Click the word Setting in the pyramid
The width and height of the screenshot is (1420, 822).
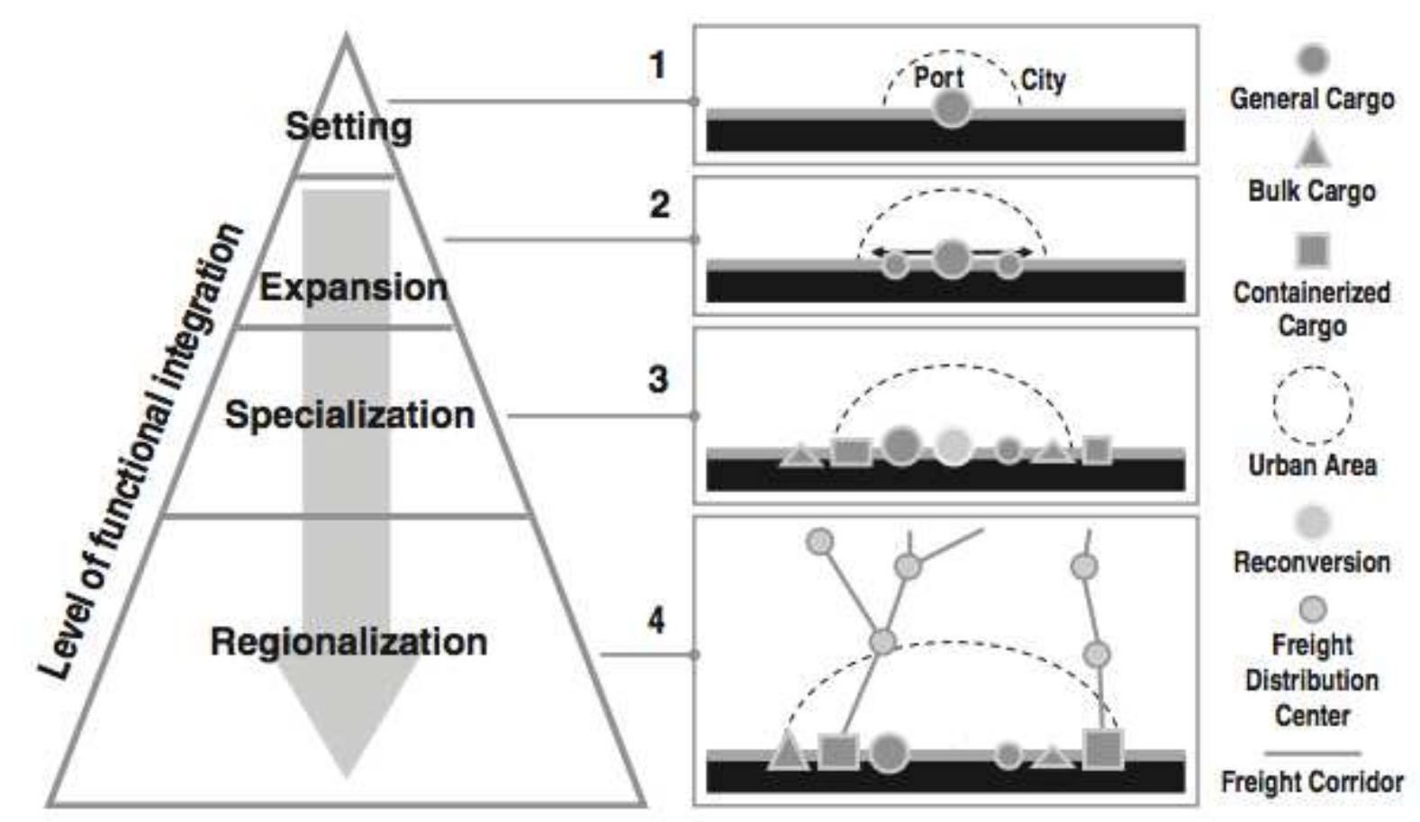pyautogui.click(x=348, y=126)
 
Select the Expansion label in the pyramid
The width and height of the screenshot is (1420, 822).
pyautogui.click(x=353, y=287)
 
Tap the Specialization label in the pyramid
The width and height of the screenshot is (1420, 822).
pyautogui.click(x=349, y=415)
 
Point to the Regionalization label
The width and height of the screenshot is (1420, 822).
pyautogui.click(x=348, y=642)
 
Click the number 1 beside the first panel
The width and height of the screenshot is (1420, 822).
pyautogui.click(x=658, y=65)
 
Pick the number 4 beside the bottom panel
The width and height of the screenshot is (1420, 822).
pyautogui.click(x=656, y=620)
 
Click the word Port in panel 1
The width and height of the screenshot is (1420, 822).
pyautogui.click(x=938, y=77)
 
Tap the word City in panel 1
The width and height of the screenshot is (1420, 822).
pyautogui.click(x=1043, y=80)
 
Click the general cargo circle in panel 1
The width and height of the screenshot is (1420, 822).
pyautogui.click(x=951, y=109)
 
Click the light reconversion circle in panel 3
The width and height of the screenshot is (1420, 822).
pyautogui.click(x=953, y=446)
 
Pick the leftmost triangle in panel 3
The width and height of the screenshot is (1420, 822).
pyautogui.click(x=799, y=455)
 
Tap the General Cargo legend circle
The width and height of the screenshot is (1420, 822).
pyautogui.click(x=1312, y=59)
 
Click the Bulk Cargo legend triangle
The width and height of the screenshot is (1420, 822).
pyautogui.click(x=1313, y=151)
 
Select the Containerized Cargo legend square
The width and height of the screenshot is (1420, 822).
pyautogui.click(x=1313, y=249)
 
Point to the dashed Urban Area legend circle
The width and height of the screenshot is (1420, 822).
pyautogui.click(x=1312, y=405)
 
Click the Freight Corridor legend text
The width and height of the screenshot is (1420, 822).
pyautogui.click(x=1312, y=781)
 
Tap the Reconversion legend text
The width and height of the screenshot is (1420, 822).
pyautogui.click(x=1312, y=562)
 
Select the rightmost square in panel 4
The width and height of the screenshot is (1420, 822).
pyautogui.click(x=1102, y=749)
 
